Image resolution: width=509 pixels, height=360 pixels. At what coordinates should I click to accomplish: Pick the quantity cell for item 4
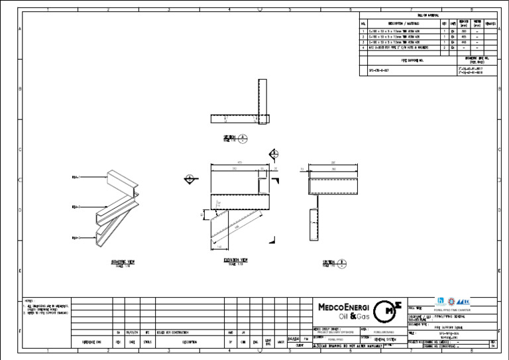pyautogui.click(x=444, y=48)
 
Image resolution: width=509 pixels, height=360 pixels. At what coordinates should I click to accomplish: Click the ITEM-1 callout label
pyautogui.click(x=76, y=178)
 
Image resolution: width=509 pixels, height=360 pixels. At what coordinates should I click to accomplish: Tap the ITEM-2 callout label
pyautogui.click(x=76, y=208)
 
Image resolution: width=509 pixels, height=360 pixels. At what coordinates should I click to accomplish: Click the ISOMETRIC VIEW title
pyautogui.click(x=123, y=262)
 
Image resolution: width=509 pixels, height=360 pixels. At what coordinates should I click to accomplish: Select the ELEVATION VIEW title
pyautogui.click(x=236, y=259)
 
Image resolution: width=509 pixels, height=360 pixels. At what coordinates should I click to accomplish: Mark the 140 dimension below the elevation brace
pyautogui.click(x=220, y=246)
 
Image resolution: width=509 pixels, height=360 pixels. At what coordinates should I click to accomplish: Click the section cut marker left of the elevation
pyautogui.click(x=190, y=178)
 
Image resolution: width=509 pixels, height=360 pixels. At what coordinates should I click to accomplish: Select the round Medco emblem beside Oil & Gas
pyautogui.click(x=386, y=312)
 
